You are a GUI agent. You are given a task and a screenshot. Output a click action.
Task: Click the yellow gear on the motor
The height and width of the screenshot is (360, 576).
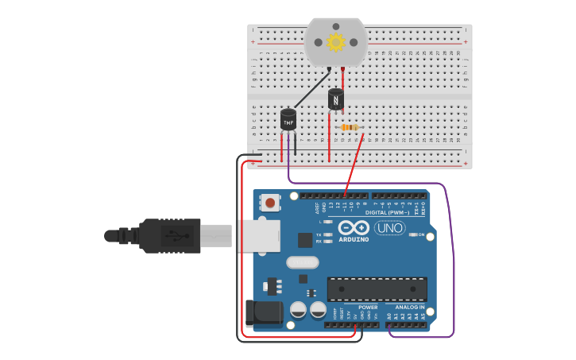click(336, 41)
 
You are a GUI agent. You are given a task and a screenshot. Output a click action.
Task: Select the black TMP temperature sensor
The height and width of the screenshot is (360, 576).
click(288, 119)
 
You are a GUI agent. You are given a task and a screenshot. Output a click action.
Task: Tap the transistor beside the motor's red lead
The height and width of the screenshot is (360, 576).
click(336, 99)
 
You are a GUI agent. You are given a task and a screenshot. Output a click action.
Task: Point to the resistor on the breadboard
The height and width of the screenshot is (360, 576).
click(350, 127)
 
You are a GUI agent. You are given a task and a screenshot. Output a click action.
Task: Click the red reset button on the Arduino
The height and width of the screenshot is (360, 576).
click(271, 203)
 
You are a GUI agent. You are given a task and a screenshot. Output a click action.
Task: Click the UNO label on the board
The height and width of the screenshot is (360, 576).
click(389, 228)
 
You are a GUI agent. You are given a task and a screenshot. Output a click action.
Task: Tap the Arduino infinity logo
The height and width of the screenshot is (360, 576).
click(353, 226)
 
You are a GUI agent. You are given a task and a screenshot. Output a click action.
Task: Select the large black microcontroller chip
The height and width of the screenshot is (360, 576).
click(377, 288)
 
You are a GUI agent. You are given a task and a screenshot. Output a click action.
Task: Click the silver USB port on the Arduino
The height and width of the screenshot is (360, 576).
click(257, 235)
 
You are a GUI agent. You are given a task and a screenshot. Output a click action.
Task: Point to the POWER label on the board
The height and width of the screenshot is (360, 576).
click(368, 307)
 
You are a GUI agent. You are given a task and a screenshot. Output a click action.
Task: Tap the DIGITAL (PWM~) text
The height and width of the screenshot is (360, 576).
click(387, 213)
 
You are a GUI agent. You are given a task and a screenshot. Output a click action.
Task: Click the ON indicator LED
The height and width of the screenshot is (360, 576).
click(412, 235)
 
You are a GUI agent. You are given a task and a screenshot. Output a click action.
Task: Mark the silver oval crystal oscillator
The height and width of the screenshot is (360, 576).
click(302, 262)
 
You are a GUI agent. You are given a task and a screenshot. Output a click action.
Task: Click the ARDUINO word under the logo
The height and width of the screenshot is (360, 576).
click(354, 238)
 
